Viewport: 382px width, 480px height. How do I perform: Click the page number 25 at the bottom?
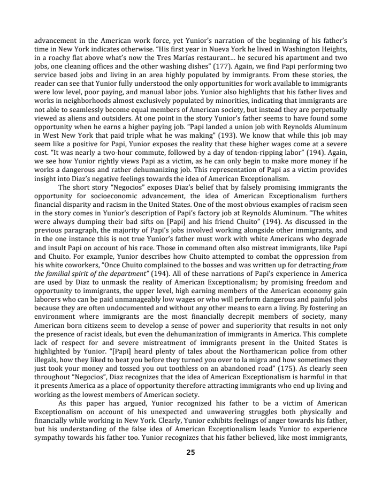coord(190,452)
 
